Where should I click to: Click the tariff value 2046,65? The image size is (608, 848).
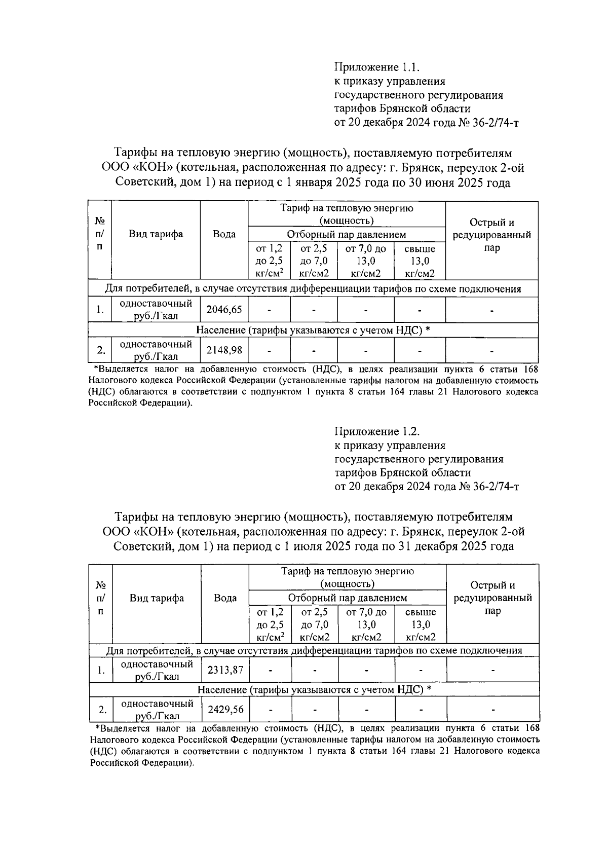point(224,309)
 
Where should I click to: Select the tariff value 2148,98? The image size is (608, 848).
point(224,350)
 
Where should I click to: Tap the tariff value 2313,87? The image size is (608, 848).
point(225,670)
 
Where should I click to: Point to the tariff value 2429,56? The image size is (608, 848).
point(225,709)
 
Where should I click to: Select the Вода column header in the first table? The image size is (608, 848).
point(224,234)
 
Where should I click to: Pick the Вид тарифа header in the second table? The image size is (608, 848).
point(157,598)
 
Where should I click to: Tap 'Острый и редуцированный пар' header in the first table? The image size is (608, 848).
point(491,235)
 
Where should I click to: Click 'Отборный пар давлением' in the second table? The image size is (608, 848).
point(348,598)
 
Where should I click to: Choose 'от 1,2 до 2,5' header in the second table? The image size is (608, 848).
point(270,624)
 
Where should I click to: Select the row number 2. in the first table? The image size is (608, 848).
point(101,350)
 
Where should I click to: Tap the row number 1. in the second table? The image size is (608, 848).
point(101,670)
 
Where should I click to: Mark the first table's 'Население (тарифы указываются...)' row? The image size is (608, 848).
point(313,330)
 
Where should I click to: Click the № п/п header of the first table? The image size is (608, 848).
point(100,234)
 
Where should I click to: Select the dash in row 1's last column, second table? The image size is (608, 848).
point(492,670)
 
